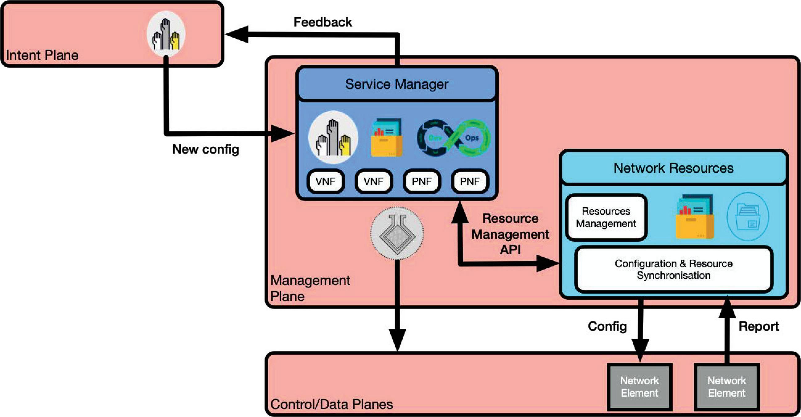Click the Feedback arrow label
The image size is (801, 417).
(x=322, y=23)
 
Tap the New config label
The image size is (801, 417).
(x=206, y=149)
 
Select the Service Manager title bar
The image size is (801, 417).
(x=397, y=84)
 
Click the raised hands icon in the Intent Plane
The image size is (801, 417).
(x=166, y=34)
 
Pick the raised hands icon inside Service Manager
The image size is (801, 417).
(x=333, y=138)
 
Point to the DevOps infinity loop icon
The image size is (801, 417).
(x=453, y=138)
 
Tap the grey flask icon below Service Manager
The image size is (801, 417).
(x=397, y=233)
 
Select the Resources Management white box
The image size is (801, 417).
(x=606, y=217)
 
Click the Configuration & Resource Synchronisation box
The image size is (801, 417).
(x=673, y=269)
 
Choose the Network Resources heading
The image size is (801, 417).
(x=673, y=168)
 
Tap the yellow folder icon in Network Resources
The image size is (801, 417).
(x=695, y=217)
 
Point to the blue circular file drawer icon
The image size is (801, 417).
(x=748, y=217)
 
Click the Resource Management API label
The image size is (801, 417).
(x=510, y=234)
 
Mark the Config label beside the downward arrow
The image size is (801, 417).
(x=607, y=326)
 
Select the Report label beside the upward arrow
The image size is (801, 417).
(x=758, y=326)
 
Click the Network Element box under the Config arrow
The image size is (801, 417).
(x=639, y=386)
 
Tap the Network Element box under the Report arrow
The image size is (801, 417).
(x=727, y=386)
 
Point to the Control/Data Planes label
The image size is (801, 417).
(x=331, y=404)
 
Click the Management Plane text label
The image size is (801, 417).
(x=310, y=288)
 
